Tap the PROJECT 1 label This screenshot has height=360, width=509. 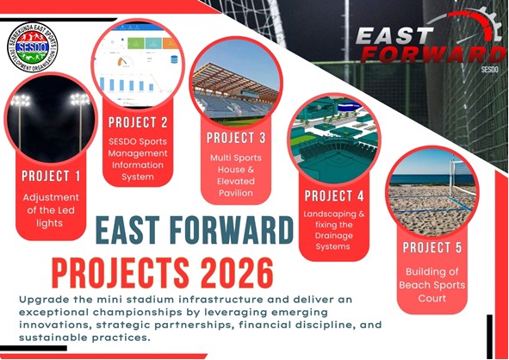click(51, 176)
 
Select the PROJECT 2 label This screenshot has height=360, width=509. click(138, 121)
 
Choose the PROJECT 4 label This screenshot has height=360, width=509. click(334, 196)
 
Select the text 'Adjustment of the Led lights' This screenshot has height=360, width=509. click(51, 210)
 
